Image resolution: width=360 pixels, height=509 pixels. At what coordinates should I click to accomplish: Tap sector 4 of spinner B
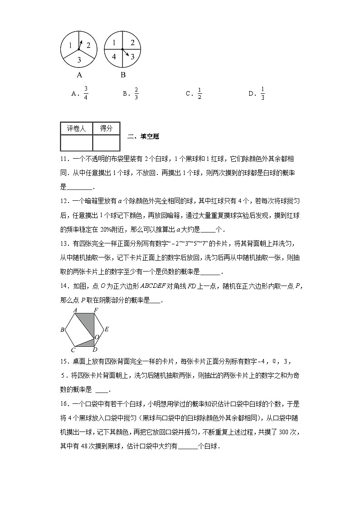[x=114, y=57]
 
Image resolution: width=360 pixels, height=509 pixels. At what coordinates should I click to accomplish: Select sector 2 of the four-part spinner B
[x=132, y=43]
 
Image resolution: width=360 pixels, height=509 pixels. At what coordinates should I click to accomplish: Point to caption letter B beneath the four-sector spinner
[x=123, y=75]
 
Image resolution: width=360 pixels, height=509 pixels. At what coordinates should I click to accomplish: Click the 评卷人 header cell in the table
[x=76, y=129]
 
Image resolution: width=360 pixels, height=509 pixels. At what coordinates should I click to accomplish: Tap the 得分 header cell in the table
[x=106, y=129]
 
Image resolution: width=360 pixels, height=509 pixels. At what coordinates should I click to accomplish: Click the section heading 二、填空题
[x=143, y=136]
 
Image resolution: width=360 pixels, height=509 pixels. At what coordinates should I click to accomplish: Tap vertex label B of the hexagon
[x=62, y=330]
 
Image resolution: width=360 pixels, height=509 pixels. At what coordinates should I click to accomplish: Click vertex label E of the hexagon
[x=107, y=330]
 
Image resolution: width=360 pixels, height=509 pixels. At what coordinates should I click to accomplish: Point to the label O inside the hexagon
[x=96, y=338]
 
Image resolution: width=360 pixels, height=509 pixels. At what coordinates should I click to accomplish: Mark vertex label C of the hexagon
[x=73, y=349]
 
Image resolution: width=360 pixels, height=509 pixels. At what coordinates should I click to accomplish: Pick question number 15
[x=64, y=361]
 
